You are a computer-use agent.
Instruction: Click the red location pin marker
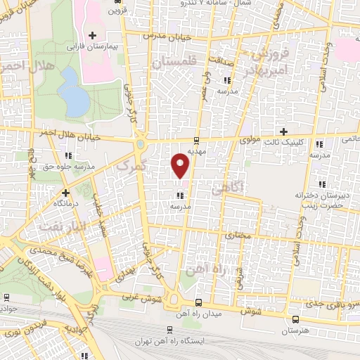point(181,166)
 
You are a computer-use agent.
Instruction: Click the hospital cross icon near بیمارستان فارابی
point(92,35)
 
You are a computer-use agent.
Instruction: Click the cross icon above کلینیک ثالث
point(284,131)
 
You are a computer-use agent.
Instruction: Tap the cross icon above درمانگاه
point(65,192)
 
